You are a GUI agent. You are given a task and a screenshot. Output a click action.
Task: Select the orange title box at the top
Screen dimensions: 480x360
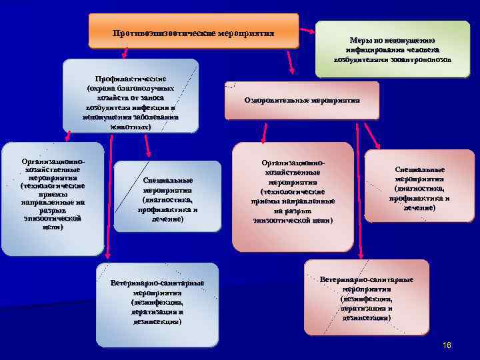pyautogui.click(x=193, y=31)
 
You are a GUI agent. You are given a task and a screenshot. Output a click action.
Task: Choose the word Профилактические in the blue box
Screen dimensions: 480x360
pyautogui.click(x=130, y=79)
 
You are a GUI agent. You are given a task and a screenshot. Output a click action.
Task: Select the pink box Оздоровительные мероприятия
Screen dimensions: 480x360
pyautogui.click(x=303, y=100)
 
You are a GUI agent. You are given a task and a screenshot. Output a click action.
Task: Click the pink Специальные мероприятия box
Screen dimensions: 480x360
pyautogui.click(x=419, y=190)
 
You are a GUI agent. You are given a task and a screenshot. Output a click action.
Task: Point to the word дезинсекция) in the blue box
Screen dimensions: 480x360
pyautogui.click(x=157, y=321)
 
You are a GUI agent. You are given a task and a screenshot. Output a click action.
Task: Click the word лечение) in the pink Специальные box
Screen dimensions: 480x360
pyautogui.click(x=419, y=208)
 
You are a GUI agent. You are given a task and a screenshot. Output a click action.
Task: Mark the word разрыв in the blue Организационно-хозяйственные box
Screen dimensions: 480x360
pyautogui.click(x=53, y=211)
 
